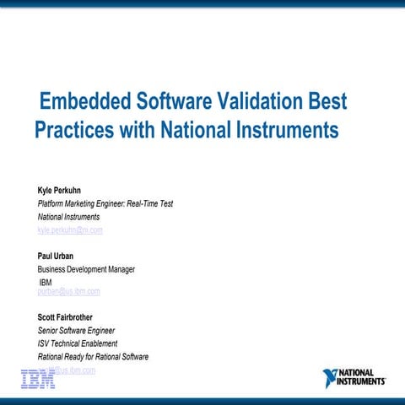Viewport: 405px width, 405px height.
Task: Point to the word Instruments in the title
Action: [x=286, y=132]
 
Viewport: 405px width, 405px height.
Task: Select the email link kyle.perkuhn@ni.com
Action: [x=70, y=230]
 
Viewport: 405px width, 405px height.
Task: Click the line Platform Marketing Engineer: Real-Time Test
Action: [x=105, y=203]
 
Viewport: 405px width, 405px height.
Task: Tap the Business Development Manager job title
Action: [x=86, y=269]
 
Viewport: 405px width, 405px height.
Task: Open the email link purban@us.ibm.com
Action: [x=69, y=292]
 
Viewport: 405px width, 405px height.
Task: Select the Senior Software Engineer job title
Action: [x=76, y=331]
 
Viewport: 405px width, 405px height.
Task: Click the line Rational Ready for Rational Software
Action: [x=93, y=357]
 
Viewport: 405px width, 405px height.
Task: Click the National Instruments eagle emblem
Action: [x=330, y=377]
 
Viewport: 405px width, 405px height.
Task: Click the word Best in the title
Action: [x=327, y=103]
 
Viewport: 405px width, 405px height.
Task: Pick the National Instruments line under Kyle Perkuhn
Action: [x=68, y=217]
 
